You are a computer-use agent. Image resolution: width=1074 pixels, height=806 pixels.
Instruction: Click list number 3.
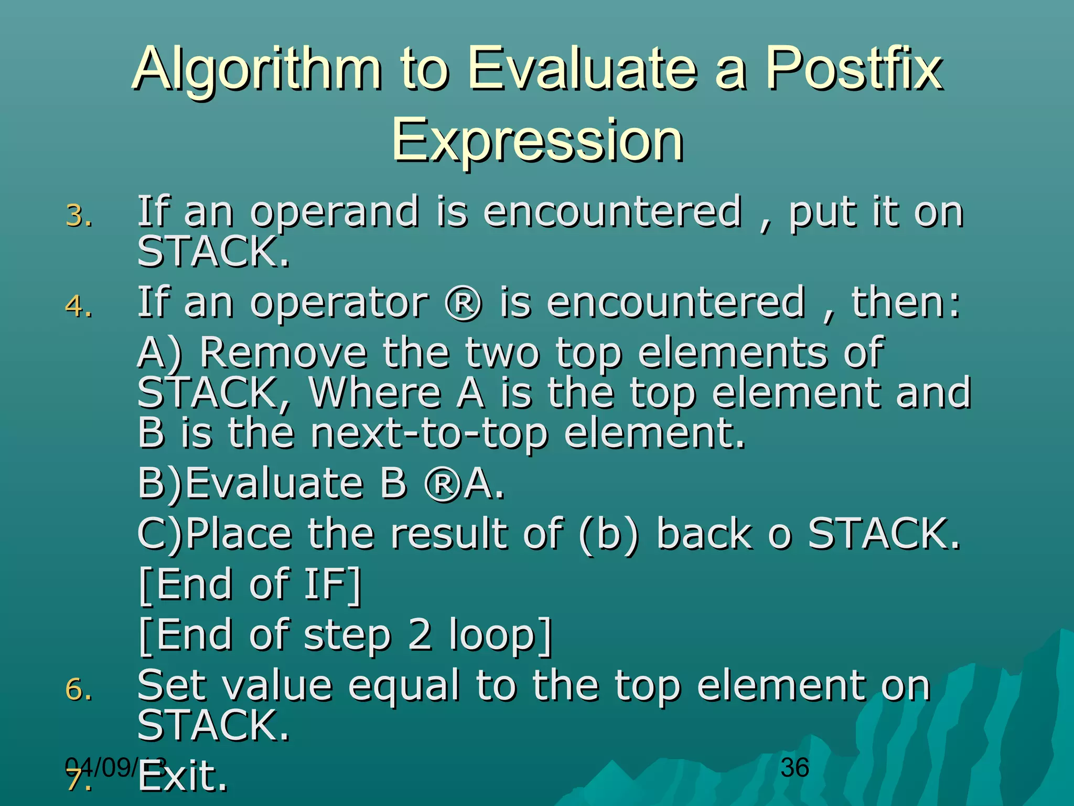click(79, 216)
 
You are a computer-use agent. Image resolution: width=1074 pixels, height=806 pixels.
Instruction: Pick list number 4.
click(79, 306)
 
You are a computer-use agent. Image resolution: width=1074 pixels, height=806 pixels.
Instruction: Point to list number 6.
click(79, 689)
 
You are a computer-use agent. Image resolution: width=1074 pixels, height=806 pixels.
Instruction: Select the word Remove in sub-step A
click(283, 353)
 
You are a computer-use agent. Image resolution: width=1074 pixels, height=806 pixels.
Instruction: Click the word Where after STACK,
click(375, 393)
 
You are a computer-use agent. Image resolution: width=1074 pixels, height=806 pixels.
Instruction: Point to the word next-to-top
click(429, 434)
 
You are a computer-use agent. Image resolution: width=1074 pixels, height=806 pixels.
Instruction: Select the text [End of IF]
click(251, 585)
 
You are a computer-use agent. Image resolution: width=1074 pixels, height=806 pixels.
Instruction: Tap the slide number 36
click(794, 768)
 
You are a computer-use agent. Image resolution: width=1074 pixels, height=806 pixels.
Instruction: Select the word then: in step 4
click(906, 303)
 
